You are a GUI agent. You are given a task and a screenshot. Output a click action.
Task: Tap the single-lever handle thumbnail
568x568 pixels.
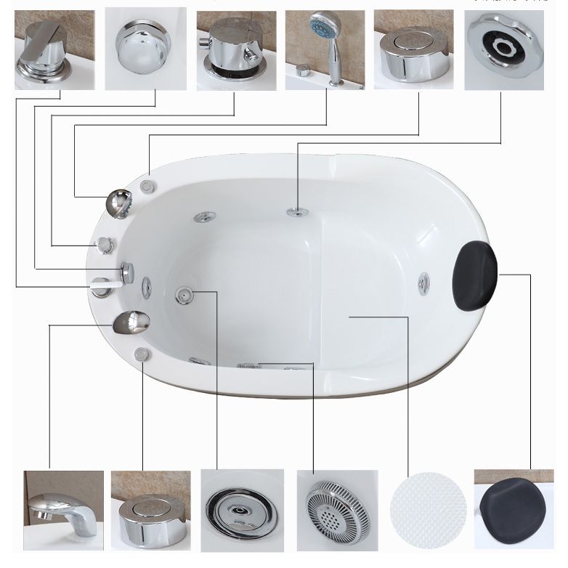point(54,49)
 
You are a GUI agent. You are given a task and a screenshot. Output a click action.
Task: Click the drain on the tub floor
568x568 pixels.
point(184,293)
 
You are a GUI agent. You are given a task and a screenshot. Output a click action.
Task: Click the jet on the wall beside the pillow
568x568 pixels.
point(423,283)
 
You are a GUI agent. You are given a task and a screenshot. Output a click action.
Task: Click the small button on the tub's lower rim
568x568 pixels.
point(142,354)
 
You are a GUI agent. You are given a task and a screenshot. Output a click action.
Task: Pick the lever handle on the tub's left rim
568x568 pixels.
point(102,285)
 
